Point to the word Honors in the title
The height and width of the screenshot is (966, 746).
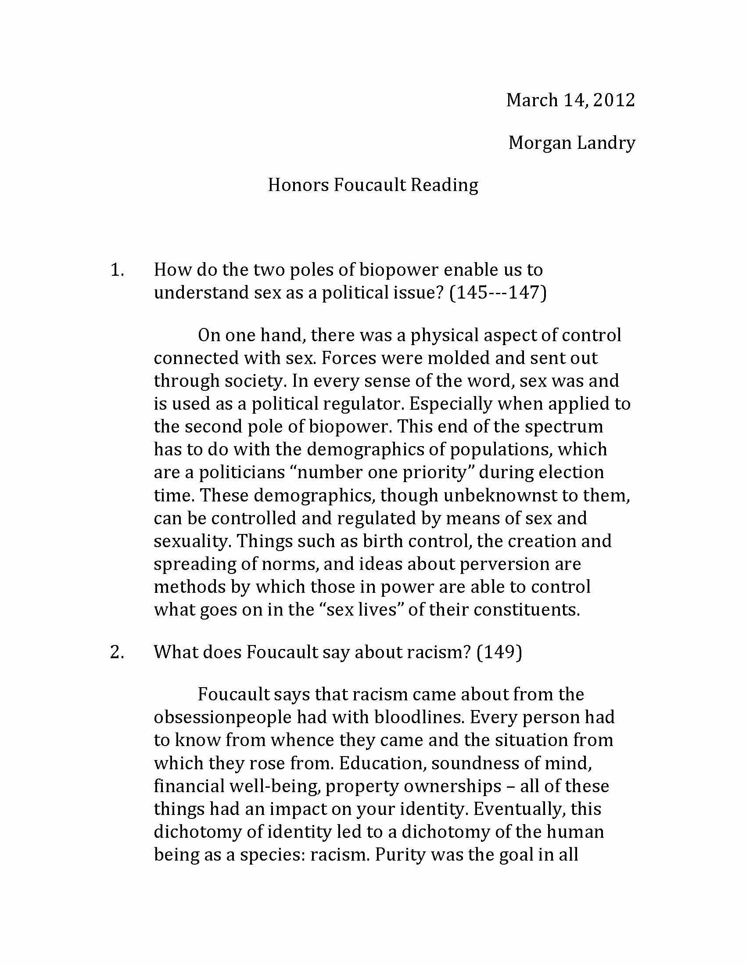coord(298,185)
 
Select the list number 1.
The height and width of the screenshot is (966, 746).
coord(117,270)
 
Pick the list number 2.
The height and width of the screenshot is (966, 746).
coord(117,652)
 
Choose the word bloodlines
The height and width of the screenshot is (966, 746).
coord(419,717)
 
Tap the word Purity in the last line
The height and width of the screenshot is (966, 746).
coord(400,855)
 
